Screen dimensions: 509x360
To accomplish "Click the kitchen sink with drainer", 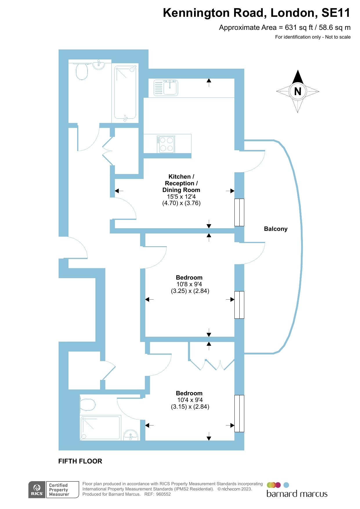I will coord(166,88).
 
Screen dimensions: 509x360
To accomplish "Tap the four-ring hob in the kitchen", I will coord(166,144).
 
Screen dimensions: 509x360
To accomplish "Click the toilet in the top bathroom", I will coord(82,72).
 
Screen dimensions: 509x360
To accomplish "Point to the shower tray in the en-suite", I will coord(100,428).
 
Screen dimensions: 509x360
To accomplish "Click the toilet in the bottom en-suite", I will coord(88,405).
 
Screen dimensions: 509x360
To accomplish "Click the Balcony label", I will coord(276,229).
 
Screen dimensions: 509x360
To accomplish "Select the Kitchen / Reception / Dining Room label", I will coord(181,183).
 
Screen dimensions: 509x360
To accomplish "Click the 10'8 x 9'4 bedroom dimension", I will coord(189,284).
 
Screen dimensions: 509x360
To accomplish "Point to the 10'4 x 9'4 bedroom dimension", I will coord(190,400).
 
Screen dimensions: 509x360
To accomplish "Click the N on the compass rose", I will coord(298,91).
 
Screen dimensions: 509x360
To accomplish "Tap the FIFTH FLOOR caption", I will coord(80,461).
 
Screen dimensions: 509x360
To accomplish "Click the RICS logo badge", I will coord(37,490).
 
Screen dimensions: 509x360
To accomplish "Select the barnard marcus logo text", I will coord(297,494).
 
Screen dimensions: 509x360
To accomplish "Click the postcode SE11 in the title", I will coord(336,13).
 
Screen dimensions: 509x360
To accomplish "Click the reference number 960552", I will coord(163,494).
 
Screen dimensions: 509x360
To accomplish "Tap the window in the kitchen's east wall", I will coord(239,212).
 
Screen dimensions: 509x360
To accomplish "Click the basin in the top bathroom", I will coord(99,65).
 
